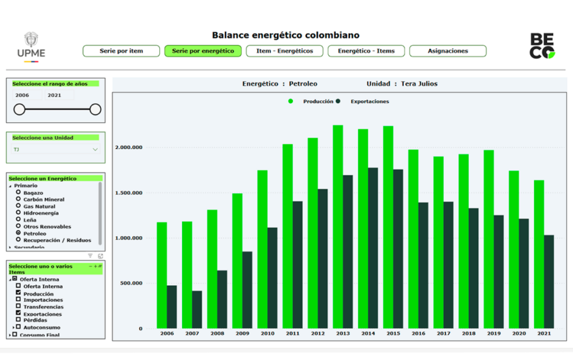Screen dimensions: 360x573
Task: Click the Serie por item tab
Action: (x=121, y=51)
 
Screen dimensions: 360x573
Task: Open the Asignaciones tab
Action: (x=448, y=51)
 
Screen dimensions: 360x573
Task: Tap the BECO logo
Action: (x=542, y=45)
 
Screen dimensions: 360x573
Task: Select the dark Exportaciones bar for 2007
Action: (x=197, y=310)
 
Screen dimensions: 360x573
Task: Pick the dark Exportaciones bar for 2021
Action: (x=548, y=282)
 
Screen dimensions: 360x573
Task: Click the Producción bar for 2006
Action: (x=162, y=275)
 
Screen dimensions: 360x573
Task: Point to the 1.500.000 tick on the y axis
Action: (x=129, y=193)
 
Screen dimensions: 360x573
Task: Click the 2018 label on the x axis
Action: (x=468, y=334)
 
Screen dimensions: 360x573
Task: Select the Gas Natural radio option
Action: (x=18, y=206)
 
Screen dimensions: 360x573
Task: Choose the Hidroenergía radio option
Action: (x=18, y=213)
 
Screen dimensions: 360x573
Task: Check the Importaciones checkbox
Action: (x=18, y=300)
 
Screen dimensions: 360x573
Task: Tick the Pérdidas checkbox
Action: (x=18, y=320)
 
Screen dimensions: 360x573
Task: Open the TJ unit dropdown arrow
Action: (x=95, y=149)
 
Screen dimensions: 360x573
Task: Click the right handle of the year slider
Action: (x=95, y=109)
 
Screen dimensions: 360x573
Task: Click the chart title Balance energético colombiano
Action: (x=285, y=35)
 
